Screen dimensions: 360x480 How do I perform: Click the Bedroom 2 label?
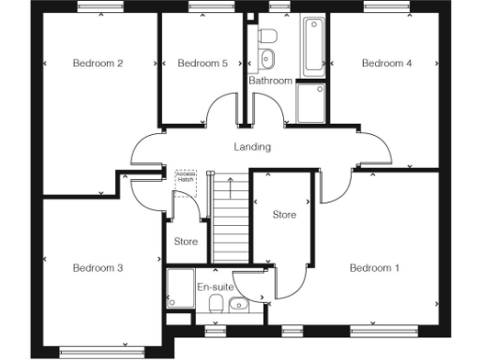click(x=98, y=64)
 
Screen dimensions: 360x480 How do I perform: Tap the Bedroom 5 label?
click(x=202, y=64)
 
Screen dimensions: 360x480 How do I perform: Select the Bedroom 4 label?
click(x=387, y=64)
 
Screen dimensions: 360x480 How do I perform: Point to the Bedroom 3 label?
click(x=98, y=268)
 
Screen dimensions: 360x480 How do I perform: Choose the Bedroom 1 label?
click(x=375, y=268)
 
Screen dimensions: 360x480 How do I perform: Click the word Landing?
click(x=252, y=147)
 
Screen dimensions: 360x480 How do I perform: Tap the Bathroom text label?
click(x=270, y=81)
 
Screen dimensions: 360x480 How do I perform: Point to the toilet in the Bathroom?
click(x=267, y=35)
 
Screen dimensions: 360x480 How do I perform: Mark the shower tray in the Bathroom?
click(x=310, y=104)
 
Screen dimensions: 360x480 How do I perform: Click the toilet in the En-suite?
click(x=216, y=304)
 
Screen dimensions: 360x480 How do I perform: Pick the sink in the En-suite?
click(x=237, y=304)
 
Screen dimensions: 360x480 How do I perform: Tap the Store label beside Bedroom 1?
click(x=284, y=216)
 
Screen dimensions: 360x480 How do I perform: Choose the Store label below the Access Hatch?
click(x=186, y=242)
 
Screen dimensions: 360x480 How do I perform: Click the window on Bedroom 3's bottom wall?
click(x=92, y=352)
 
